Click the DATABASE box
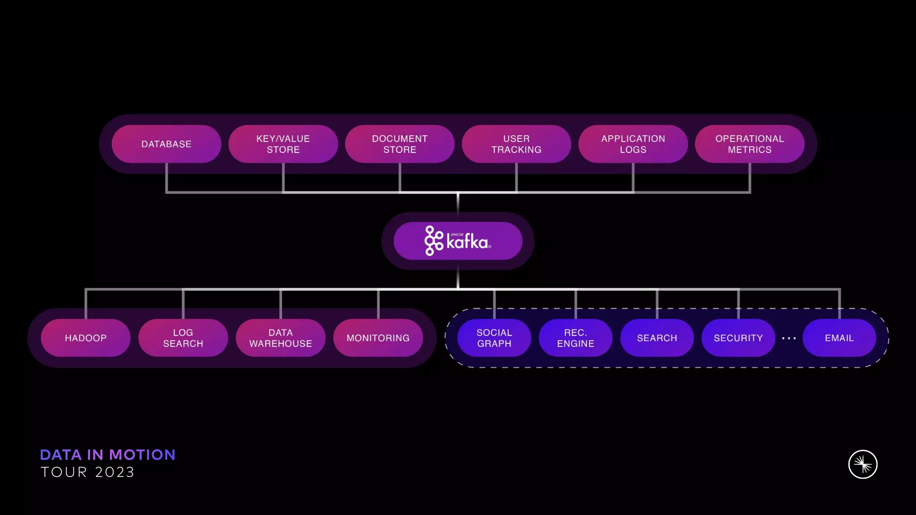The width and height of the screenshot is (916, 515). click(x=166, y=144)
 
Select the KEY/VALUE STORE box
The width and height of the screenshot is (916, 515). click(x=283, y=144)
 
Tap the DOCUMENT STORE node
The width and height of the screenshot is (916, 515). click(x=399, y=144)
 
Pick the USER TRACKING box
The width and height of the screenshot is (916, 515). click(x=516, y=144)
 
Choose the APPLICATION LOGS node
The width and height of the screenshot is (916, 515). click(x=633, y=144)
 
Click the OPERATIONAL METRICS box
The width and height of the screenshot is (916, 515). click(x=750, y=144)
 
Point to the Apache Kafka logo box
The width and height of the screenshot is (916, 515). click(x=458, y=241)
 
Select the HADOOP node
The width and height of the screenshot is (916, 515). click(x=85, y=338)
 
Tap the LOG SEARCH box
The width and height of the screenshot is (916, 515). click(x=183, y=338)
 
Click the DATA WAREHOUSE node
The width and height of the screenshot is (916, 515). click(x=280, y=338)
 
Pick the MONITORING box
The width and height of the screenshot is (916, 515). click(x=378, y=338)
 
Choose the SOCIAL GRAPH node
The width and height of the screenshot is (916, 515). click(x=494, y=338)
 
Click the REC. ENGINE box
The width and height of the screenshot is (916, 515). click(x=575, y=338)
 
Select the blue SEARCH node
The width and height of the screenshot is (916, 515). click(x=657, y=338)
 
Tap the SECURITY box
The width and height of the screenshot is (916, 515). click(x=738, y=338)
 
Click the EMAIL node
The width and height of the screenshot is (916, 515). click(x=839, y=338)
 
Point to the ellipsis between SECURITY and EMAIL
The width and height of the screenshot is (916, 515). click(x=789, y=338)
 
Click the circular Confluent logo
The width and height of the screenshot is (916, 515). click(x=863, y=464)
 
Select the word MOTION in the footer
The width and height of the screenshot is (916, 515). click(x=142, y=455)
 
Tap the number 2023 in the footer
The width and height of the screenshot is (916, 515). click(x=114, y=473)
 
